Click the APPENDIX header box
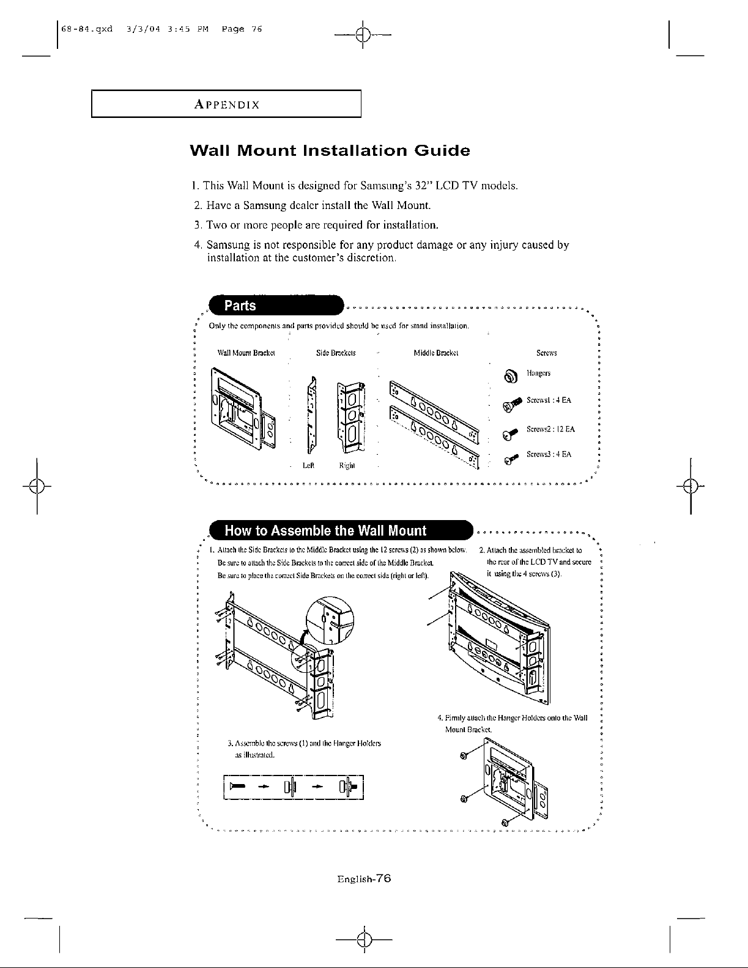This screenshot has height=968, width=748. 226,104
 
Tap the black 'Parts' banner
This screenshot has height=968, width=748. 275,306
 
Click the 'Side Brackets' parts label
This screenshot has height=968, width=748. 336,353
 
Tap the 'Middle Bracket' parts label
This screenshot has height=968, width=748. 436,353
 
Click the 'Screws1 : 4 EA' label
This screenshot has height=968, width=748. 549,400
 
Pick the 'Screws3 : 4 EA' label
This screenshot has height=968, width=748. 549,455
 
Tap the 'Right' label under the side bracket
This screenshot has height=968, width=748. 347,466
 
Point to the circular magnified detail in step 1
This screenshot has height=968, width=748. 329,619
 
